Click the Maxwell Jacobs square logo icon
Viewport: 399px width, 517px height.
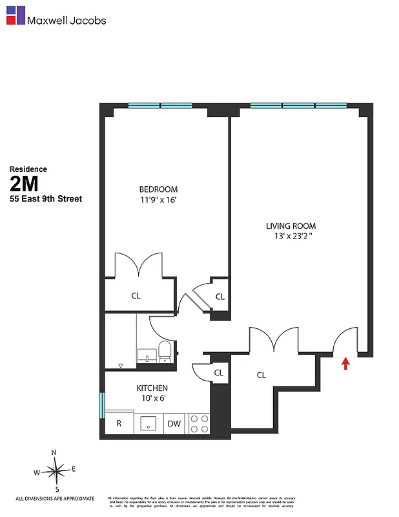point(15,16)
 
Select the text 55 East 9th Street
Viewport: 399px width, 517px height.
point(46,199)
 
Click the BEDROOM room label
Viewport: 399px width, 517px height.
point(158,189)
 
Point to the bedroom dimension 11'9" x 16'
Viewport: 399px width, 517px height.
point(158,200)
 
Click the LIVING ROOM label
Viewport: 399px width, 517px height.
point(291,226)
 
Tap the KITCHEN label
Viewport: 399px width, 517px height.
point(152,388)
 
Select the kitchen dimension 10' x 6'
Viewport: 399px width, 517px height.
point(152,399)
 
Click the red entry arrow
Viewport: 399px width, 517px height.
point(345,364)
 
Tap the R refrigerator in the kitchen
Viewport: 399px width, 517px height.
point(119,424)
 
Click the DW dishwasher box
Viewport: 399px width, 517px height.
point(174,424)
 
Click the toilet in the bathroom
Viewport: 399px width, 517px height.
point(165,353)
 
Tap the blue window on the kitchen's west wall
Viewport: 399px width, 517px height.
point(102,405)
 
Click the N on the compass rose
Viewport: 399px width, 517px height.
point(55,452)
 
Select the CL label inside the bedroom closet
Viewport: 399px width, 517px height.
point(136,296)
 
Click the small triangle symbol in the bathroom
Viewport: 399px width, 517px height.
point(120,366)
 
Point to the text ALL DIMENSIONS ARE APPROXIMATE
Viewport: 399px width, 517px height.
point(55,498)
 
